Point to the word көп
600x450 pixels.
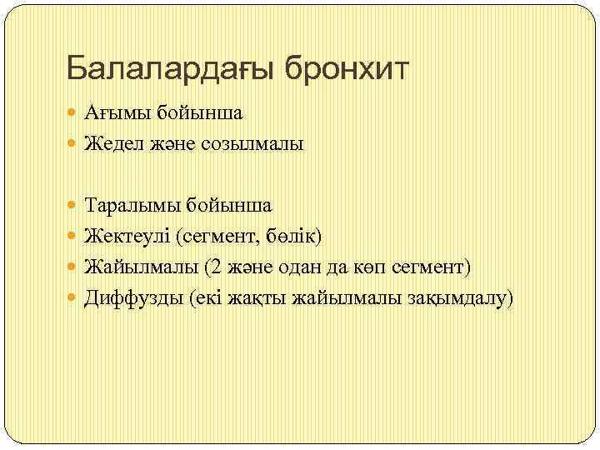tap(369, 267)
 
